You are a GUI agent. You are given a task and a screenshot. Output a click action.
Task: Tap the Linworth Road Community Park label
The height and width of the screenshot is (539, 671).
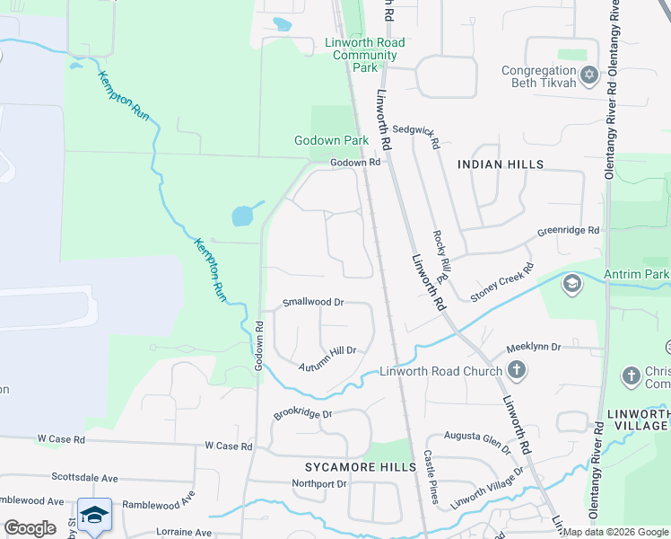(364, 55)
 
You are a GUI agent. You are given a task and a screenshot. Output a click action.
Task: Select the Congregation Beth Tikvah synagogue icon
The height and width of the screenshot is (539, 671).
(589, 74)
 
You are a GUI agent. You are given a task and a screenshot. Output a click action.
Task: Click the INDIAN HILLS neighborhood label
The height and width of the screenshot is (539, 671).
(501, 164)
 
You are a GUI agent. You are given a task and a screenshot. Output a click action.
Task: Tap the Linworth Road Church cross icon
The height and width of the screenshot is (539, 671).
(516, 369)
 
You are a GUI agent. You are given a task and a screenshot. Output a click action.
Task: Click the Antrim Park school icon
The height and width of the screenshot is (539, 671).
(571, 285)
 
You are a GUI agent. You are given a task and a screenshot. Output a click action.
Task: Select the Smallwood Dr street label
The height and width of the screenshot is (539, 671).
(314, 303)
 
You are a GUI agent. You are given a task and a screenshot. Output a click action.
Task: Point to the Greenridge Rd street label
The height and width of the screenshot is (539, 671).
(568, 231)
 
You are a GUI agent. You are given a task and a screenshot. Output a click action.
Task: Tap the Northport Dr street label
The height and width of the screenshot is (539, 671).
(318, 483)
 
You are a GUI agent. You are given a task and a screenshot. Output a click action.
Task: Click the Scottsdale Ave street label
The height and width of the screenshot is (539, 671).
(85, 478)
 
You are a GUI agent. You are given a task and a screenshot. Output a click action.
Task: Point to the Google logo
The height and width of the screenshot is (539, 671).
(30, 528)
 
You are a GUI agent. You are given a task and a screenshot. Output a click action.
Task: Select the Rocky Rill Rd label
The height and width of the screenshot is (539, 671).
(442, 253)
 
